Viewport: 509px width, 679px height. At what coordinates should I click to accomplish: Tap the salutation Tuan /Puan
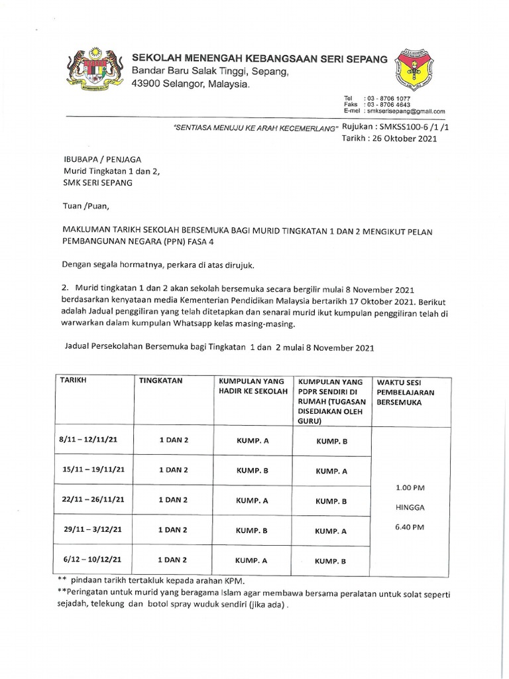point(83,206)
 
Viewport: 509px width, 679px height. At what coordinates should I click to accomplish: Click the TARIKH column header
point(73,380)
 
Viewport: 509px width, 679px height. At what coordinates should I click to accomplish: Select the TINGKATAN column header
point(160,381)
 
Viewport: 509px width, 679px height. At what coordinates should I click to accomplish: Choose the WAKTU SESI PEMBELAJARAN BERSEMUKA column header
point(406,393)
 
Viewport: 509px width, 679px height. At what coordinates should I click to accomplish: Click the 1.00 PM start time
point(410,487)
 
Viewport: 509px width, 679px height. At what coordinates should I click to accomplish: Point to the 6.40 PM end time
point(410,527)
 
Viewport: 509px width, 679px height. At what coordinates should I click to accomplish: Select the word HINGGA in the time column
point(410,507)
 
